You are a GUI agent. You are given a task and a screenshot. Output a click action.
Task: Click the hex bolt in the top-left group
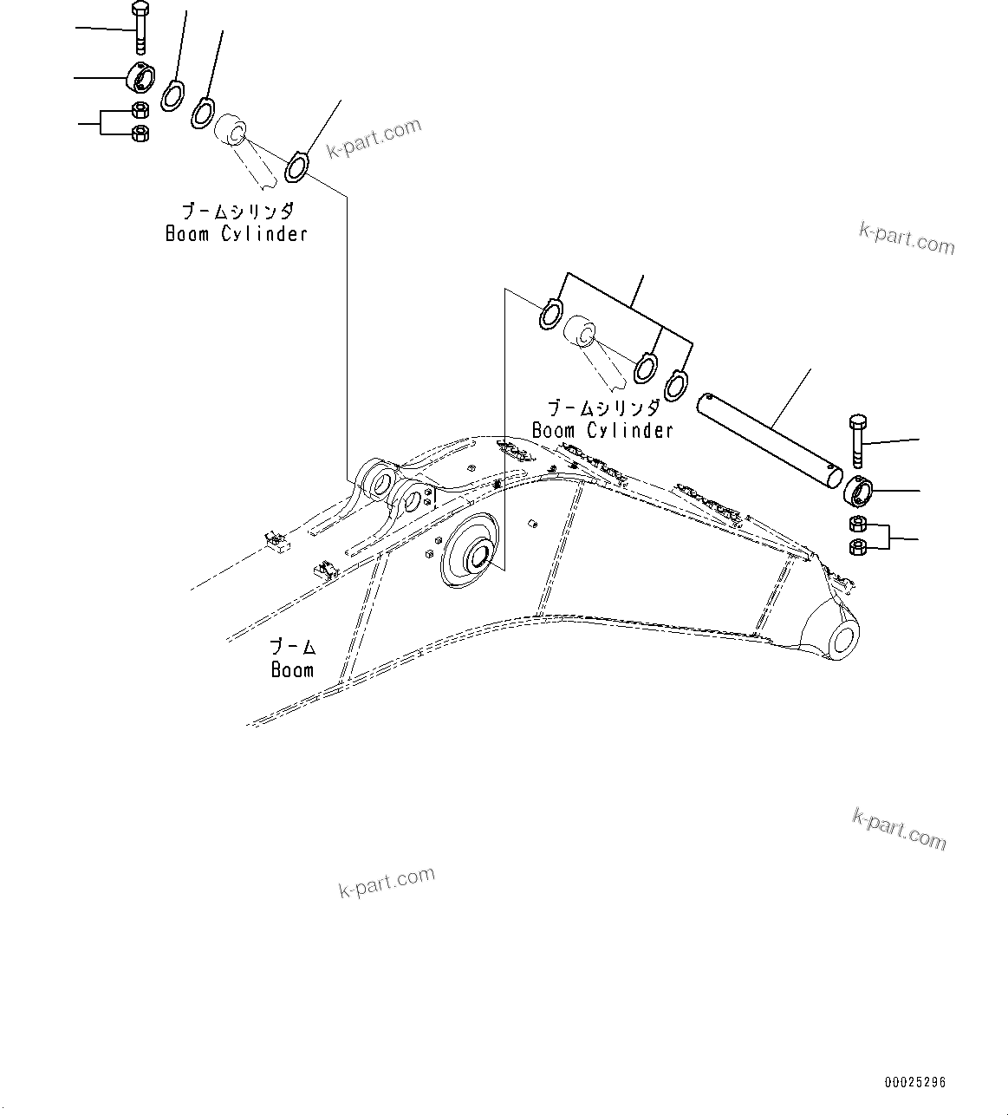coord(140,29)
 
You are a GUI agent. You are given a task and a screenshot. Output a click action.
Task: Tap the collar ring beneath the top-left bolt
coord(141,78)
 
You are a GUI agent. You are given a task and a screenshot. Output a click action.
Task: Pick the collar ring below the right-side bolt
coord(859,492)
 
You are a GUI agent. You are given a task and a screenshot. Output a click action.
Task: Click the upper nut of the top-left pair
coord(139,110)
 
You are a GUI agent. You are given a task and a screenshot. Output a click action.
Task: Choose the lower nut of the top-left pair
coord(139,133)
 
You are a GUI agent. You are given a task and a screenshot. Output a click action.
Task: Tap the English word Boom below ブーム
coord(292,670)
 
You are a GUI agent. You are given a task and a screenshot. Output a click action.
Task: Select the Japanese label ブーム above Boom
coord(292,647)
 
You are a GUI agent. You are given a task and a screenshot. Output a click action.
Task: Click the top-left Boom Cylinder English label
coord(236,234)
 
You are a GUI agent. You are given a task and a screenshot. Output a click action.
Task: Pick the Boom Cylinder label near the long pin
coord(602,431)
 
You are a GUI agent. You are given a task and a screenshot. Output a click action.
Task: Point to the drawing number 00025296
coord(915,1082)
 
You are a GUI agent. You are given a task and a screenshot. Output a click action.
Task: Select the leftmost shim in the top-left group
coord(172,95)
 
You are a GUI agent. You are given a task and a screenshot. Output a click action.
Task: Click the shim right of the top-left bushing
coord(296,166)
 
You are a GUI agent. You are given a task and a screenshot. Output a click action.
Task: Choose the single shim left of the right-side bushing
coord(550,314)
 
